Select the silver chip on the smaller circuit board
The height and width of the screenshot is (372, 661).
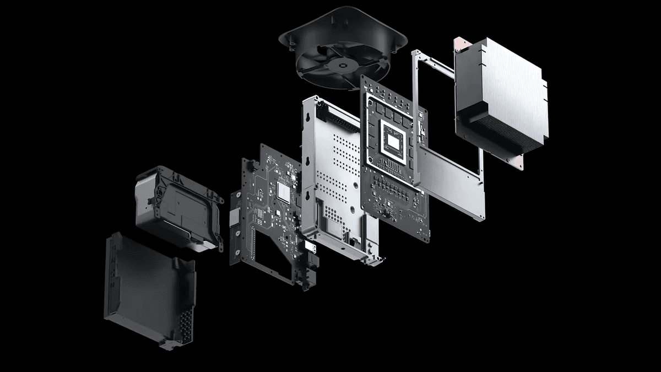point(284,191)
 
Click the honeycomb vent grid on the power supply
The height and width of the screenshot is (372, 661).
point(185,325)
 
